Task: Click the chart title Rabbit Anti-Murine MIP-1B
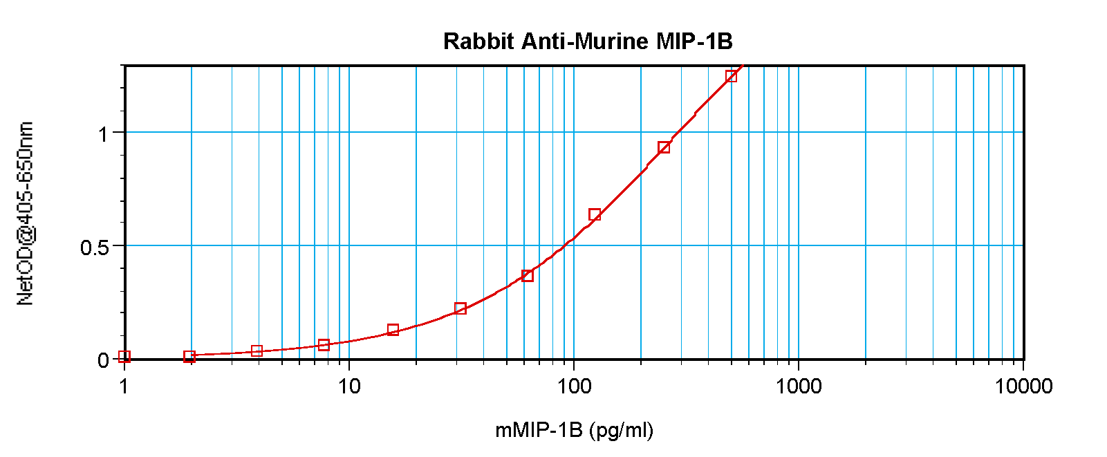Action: (x=588, y=41)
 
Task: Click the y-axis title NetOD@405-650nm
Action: (x=25, y=214)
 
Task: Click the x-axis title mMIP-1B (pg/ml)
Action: (x=574, y=431)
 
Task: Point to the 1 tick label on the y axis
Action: (x=103, y=133)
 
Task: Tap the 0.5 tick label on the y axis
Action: (x=95, y=247)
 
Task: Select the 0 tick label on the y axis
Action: (x=103, y=360)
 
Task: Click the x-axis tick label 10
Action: (x=349, y=386)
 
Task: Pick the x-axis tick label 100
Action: (x=574, y=386)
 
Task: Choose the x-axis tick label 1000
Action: (x=799, y=386)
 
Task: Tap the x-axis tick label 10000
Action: (x=1023, y=386)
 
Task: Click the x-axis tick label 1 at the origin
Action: (x=124, y=386)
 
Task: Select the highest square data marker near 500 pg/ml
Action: (x=731, y=76)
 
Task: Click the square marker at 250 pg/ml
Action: (x=664, y=147)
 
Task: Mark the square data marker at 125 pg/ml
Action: (x=595, y=214)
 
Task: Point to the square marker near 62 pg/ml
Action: (x=528, y=275)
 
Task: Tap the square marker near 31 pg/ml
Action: (x=461, y=308)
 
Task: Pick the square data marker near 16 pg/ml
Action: (x=393, y=330)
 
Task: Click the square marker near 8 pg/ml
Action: (x=324, y=344)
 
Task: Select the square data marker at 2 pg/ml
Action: (x=189, y=356)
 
